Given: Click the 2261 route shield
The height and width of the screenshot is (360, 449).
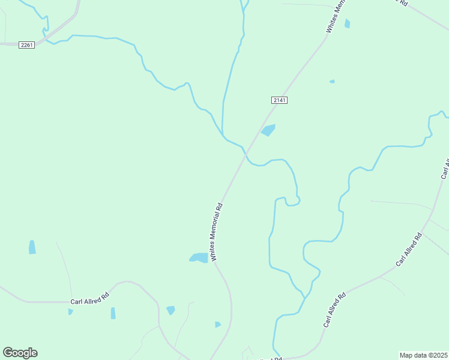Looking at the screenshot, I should [x=26, y=45].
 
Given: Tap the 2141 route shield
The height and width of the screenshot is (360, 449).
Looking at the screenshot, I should [x=279, y=100].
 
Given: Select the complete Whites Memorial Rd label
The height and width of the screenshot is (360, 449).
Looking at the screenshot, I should [x=217, y=231].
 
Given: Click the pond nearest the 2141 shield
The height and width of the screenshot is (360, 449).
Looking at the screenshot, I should [x=268, y=130].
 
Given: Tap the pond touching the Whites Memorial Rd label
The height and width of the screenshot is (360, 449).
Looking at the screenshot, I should [x=199, y=257].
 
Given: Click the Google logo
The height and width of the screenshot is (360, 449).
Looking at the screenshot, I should [x=20, y=353].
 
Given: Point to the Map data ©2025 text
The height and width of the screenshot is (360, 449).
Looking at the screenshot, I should [x=424, y=355].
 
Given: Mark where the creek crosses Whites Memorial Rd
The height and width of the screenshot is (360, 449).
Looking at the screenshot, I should [x=246, y=154].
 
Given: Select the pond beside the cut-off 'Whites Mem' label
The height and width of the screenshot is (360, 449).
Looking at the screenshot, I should [x=347, y=24].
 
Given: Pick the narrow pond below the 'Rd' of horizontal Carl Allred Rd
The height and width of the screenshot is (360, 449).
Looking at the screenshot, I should [x=113, y=313].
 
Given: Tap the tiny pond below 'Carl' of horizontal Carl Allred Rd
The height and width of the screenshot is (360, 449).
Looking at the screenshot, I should [x=70, y=311].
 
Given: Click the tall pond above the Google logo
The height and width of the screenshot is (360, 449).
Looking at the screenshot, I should [x=32, y=247].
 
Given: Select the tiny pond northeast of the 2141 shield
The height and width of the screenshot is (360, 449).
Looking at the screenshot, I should [x=332, y=81].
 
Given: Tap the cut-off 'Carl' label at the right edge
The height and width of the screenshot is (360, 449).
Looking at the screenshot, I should [x=445, y=169].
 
